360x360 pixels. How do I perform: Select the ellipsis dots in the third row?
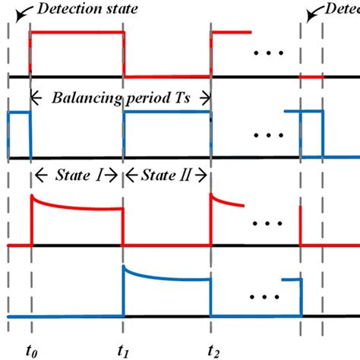point(267,225)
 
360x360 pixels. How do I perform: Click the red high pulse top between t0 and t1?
point(76,33)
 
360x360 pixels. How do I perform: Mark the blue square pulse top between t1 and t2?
point(167,112)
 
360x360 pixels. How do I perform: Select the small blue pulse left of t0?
point(19,112)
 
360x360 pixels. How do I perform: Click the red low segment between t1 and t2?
point(167,77)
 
